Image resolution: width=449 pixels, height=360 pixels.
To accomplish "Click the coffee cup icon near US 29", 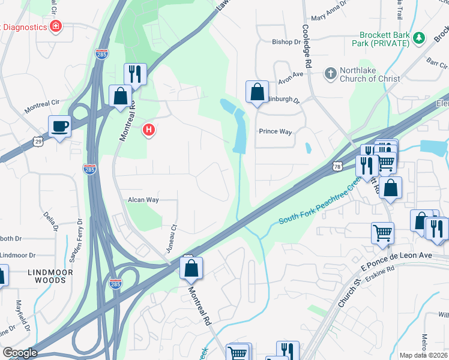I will pos(59,127).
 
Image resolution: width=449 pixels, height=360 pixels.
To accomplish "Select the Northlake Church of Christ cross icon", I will pos(330,74).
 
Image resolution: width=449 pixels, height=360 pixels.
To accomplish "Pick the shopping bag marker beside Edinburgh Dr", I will pos(257,92).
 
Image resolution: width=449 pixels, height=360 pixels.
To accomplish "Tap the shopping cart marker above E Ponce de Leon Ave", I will pos(382,232).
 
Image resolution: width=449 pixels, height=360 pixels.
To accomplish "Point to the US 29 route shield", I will pos(38,141).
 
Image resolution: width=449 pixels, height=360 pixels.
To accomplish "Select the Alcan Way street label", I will pos(143,200).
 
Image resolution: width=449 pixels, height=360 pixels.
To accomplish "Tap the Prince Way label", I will pos(275,131).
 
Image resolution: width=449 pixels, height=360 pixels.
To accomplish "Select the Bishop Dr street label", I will pos(286,42).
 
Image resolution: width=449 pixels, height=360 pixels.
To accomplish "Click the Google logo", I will pos(20,353).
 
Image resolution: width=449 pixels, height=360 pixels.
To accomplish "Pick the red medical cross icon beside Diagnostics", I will pos(56,27).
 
